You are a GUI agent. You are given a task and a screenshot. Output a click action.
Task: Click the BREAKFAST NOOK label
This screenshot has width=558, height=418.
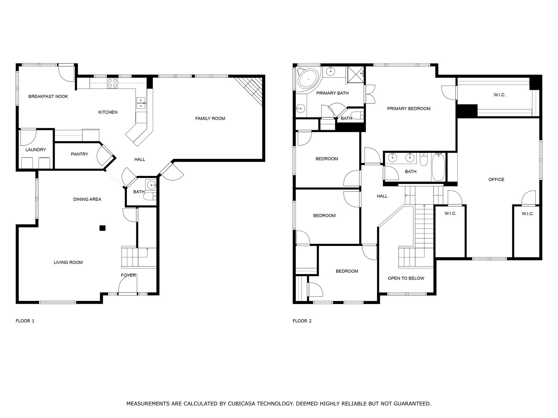tap(48, 96)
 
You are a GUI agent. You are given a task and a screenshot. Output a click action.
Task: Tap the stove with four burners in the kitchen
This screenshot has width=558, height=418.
tap(112, 83)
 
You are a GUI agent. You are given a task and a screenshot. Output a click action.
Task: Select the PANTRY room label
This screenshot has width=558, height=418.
tap(80, 154)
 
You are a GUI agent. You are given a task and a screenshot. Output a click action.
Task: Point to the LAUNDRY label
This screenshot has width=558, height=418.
tap(36, 150)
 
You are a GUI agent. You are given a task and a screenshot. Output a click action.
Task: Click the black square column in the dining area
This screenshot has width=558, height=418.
tap(103, 228)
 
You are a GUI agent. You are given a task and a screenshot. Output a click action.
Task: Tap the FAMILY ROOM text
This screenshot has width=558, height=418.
tap(210, 118)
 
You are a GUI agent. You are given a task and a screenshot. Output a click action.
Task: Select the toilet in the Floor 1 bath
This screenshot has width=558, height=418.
tap(150, 196)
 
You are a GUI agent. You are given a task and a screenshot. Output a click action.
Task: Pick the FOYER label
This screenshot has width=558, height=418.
tap(128, 276)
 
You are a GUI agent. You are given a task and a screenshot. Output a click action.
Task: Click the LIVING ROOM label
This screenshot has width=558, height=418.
tap(68, 262)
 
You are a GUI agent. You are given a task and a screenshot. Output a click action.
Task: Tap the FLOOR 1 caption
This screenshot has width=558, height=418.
tap(25, 321)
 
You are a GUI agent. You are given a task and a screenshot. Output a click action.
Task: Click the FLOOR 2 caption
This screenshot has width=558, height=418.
tap(302, 321)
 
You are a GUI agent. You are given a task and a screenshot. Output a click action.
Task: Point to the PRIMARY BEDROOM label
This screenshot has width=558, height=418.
tap(409, 109)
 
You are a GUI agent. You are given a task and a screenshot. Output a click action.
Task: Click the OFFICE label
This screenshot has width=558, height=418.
tap(496, 180)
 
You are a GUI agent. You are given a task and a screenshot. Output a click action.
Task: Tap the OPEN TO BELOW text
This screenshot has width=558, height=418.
tap(406, 278)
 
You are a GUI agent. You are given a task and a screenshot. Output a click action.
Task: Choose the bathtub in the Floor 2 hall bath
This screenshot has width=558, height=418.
tap(438, 167)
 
